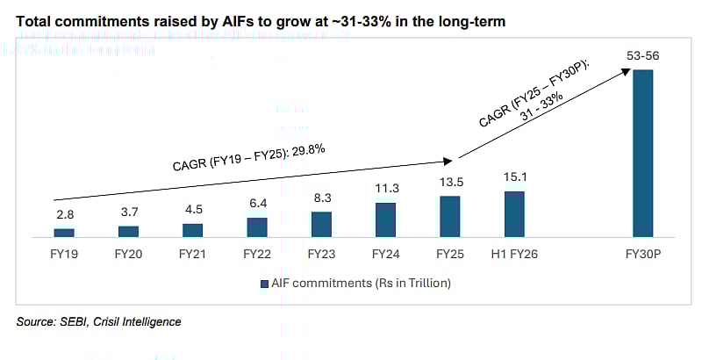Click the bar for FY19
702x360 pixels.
(64, 233)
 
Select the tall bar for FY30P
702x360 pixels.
(643, 153)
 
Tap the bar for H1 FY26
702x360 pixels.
(514, 214)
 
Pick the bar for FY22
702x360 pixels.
(257, 227)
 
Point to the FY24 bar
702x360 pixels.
(385, 220)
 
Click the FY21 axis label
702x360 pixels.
(193, 255)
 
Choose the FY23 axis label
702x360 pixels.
(321, 255)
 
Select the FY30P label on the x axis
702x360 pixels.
(643, 255)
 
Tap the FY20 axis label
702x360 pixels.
(129, 255)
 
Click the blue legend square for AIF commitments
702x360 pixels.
(262, 284)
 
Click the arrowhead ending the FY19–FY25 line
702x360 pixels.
(448, 161)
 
